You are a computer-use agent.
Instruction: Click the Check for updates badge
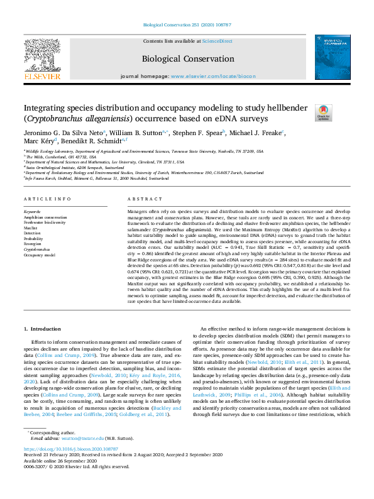[x=323, y=112]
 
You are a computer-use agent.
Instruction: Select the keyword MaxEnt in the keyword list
[x=31, y=227]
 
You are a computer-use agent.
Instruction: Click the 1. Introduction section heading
[x=43, y=329]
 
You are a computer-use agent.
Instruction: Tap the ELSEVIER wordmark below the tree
[x=41, y=76]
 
